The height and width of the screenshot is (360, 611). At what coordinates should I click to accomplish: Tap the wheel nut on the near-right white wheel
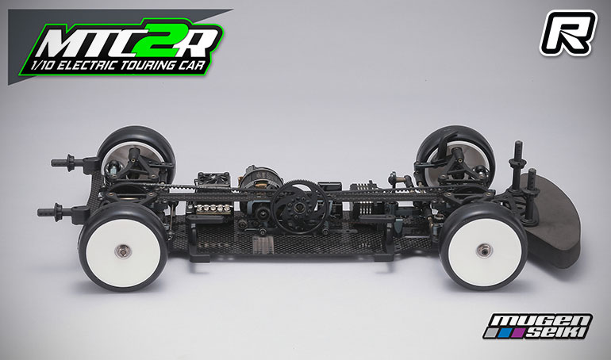pos(481,249)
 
